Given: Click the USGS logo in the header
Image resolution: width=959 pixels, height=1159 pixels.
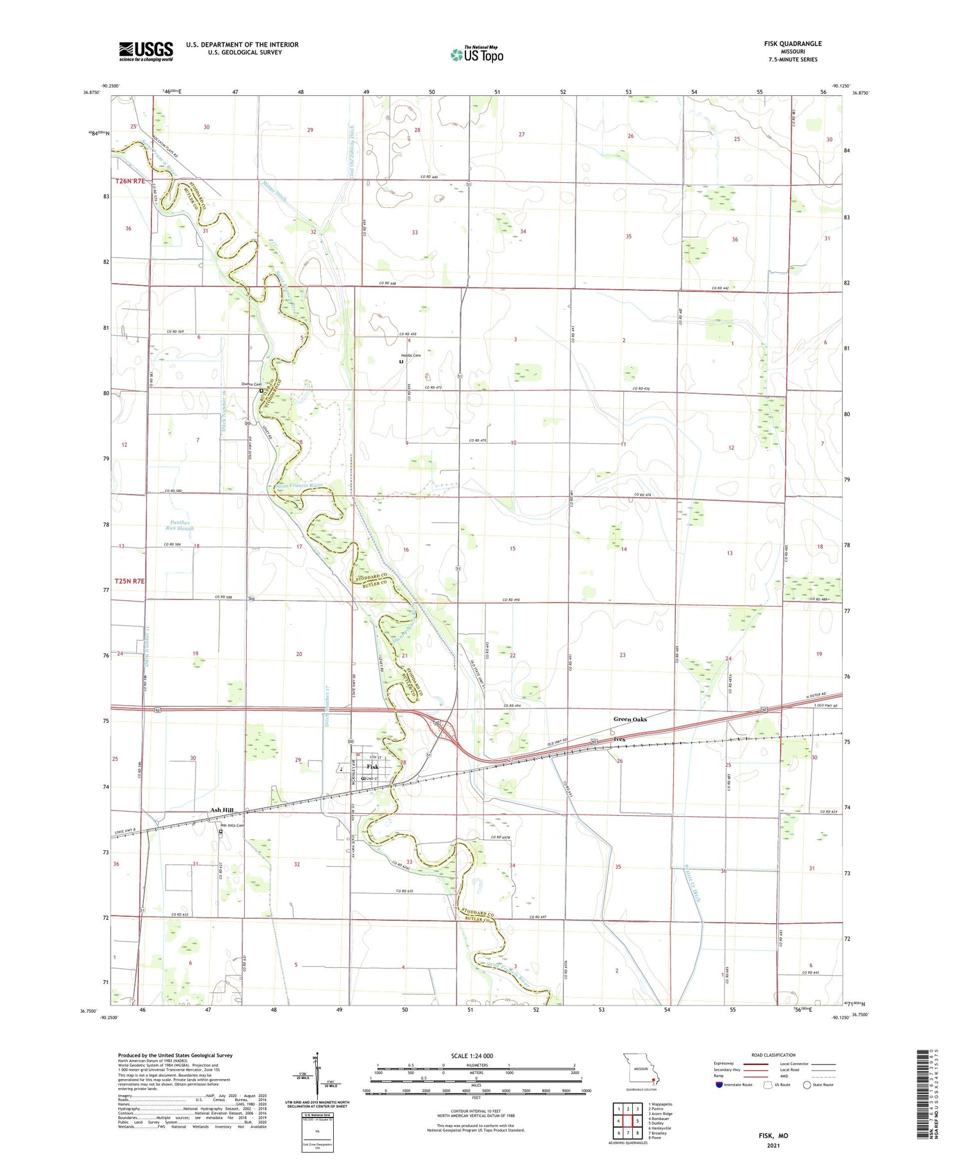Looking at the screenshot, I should point(146,51).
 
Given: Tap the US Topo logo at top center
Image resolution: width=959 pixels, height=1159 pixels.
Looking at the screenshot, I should point(477,54).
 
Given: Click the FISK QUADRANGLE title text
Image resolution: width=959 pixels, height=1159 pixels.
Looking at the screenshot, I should point(792,43).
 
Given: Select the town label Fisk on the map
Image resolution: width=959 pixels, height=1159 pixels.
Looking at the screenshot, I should point(372,766).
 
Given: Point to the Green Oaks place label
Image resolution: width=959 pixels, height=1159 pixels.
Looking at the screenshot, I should point(630,719).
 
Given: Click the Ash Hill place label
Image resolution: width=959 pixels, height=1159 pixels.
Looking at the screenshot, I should point(222,810).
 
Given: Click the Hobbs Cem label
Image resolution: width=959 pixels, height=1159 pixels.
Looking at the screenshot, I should point(410,355).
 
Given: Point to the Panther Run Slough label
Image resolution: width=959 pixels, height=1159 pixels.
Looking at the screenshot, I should point(179,525).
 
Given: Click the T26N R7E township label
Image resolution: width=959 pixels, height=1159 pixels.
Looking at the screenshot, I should point(130,181).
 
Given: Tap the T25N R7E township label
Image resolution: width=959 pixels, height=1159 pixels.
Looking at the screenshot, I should point(130,581).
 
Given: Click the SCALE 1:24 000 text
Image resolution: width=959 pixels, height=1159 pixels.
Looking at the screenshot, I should point(472,1055).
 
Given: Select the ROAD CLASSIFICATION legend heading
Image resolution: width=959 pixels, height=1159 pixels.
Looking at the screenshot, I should point(773,1055).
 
